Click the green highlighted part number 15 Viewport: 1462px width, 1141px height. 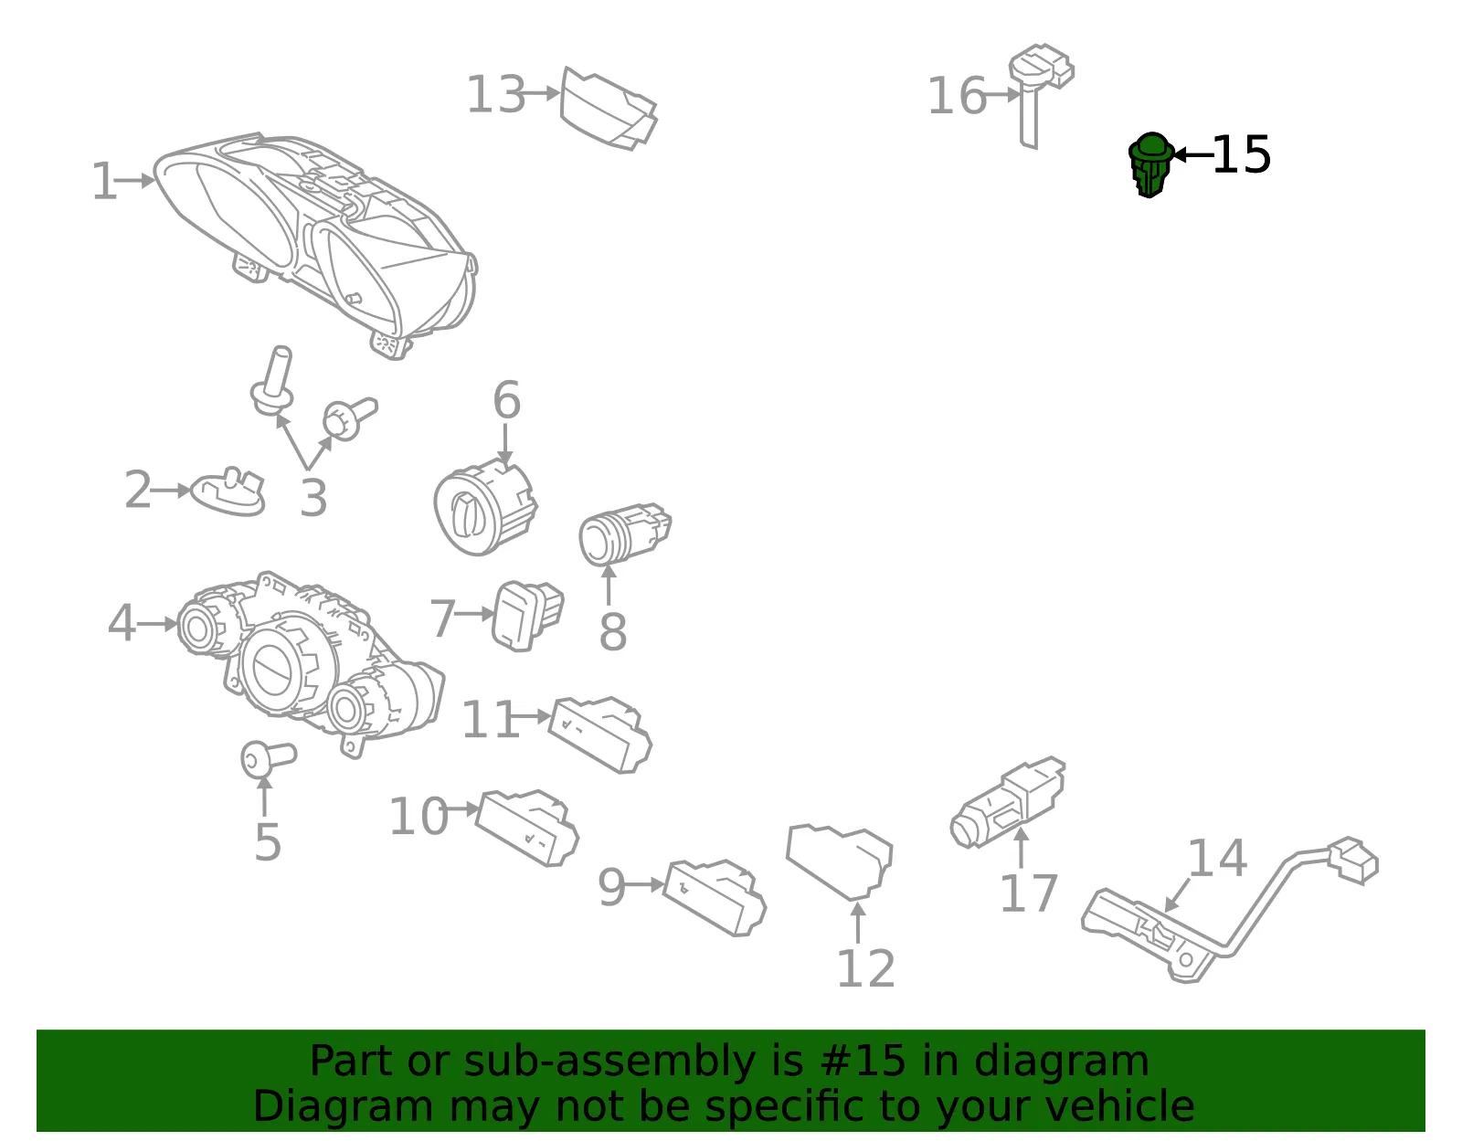pos(1150,164)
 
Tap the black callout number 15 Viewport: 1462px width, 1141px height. pos(1241,154)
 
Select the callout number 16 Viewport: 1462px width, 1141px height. pos(957,96)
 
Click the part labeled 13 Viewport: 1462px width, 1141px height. pos(609,109)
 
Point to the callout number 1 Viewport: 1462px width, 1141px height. pos(104,181)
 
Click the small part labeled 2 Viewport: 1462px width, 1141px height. pos(228,491)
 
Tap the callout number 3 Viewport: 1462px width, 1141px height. pos(313,498)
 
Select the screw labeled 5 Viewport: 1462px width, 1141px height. pos(269,760)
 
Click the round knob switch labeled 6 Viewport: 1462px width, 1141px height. pos(485,505)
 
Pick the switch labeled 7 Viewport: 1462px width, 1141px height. pos(527,615)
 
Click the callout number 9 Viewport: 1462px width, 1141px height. pos(611,888)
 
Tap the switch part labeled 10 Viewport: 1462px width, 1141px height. pos(527,828)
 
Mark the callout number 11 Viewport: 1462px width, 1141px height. pos(491,719)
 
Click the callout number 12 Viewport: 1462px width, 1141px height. pos(865,968)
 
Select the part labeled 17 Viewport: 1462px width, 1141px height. pos(1008,803)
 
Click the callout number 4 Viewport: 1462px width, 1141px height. pos(122,622)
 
